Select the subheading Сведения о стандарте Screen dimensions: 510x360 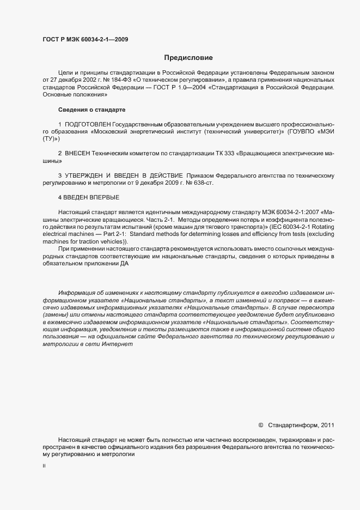(91, 110)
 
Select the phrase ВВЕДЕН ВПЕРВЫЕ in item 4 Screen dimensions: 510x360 (91, 196)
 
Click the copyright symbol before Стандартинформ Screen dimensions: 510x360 (261, 425)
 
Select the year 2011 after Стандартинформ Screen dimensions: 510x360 (326, 425)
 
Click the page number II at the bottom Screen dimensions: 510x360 (44, 466)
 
